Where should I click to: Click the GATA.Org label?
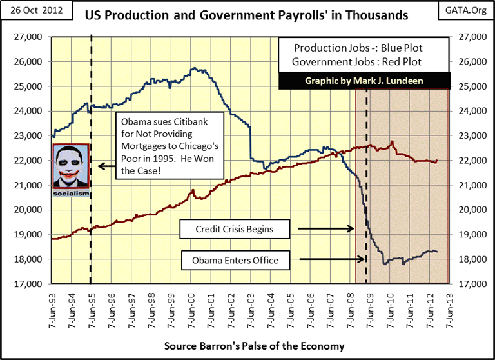[x=466, y=12]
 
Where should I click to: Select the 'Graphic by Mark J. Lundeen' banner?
[x=364, y=81]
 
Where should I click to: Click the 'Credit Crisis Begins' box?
[x=234, y=228]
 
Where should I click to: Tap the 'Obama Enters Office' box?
[x=235, y=261]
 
